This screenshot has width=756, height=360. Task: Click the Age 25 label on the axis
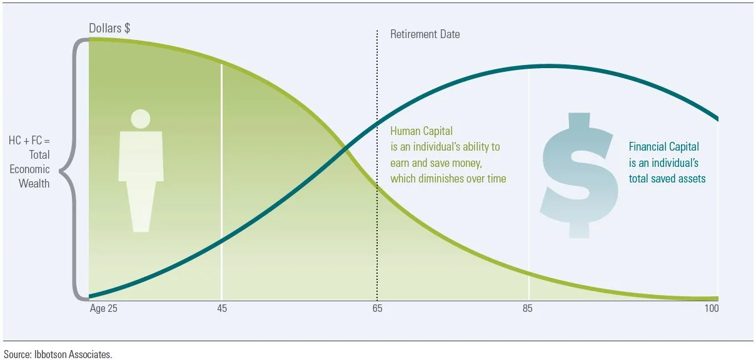[103, 309]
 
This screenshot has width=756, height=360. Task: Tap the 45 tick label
[221, 309]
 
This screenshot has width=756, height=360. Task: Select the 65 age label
[377, 309]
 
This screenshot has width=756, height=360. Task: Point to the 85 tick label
[529, 309]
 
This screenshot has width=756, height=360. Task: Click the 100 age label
[711, 309]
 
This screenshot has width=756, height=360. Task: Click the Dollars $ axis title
[109, 29]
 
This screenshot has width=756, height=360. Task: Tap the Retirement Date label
[425, 34]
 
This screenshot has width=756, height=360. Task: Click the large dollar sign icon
[579, 175]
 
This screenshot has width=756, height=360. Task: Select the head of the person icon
[141, 118]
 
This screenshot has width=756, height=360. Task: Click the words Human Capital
[421, 131]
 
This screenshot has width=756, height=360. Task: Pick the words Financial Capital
[663, 147]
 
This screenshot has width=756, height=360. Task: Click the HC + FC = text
[29, 141]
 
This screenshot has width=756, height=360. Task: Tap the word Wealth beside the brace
[34, 184]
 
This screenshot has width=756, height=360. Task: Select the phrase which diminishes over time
[448, 179]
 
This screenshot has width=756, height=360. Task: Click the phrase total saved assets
[667, 179]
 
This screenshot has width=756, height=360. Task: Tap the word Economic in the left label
[29, 169]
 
